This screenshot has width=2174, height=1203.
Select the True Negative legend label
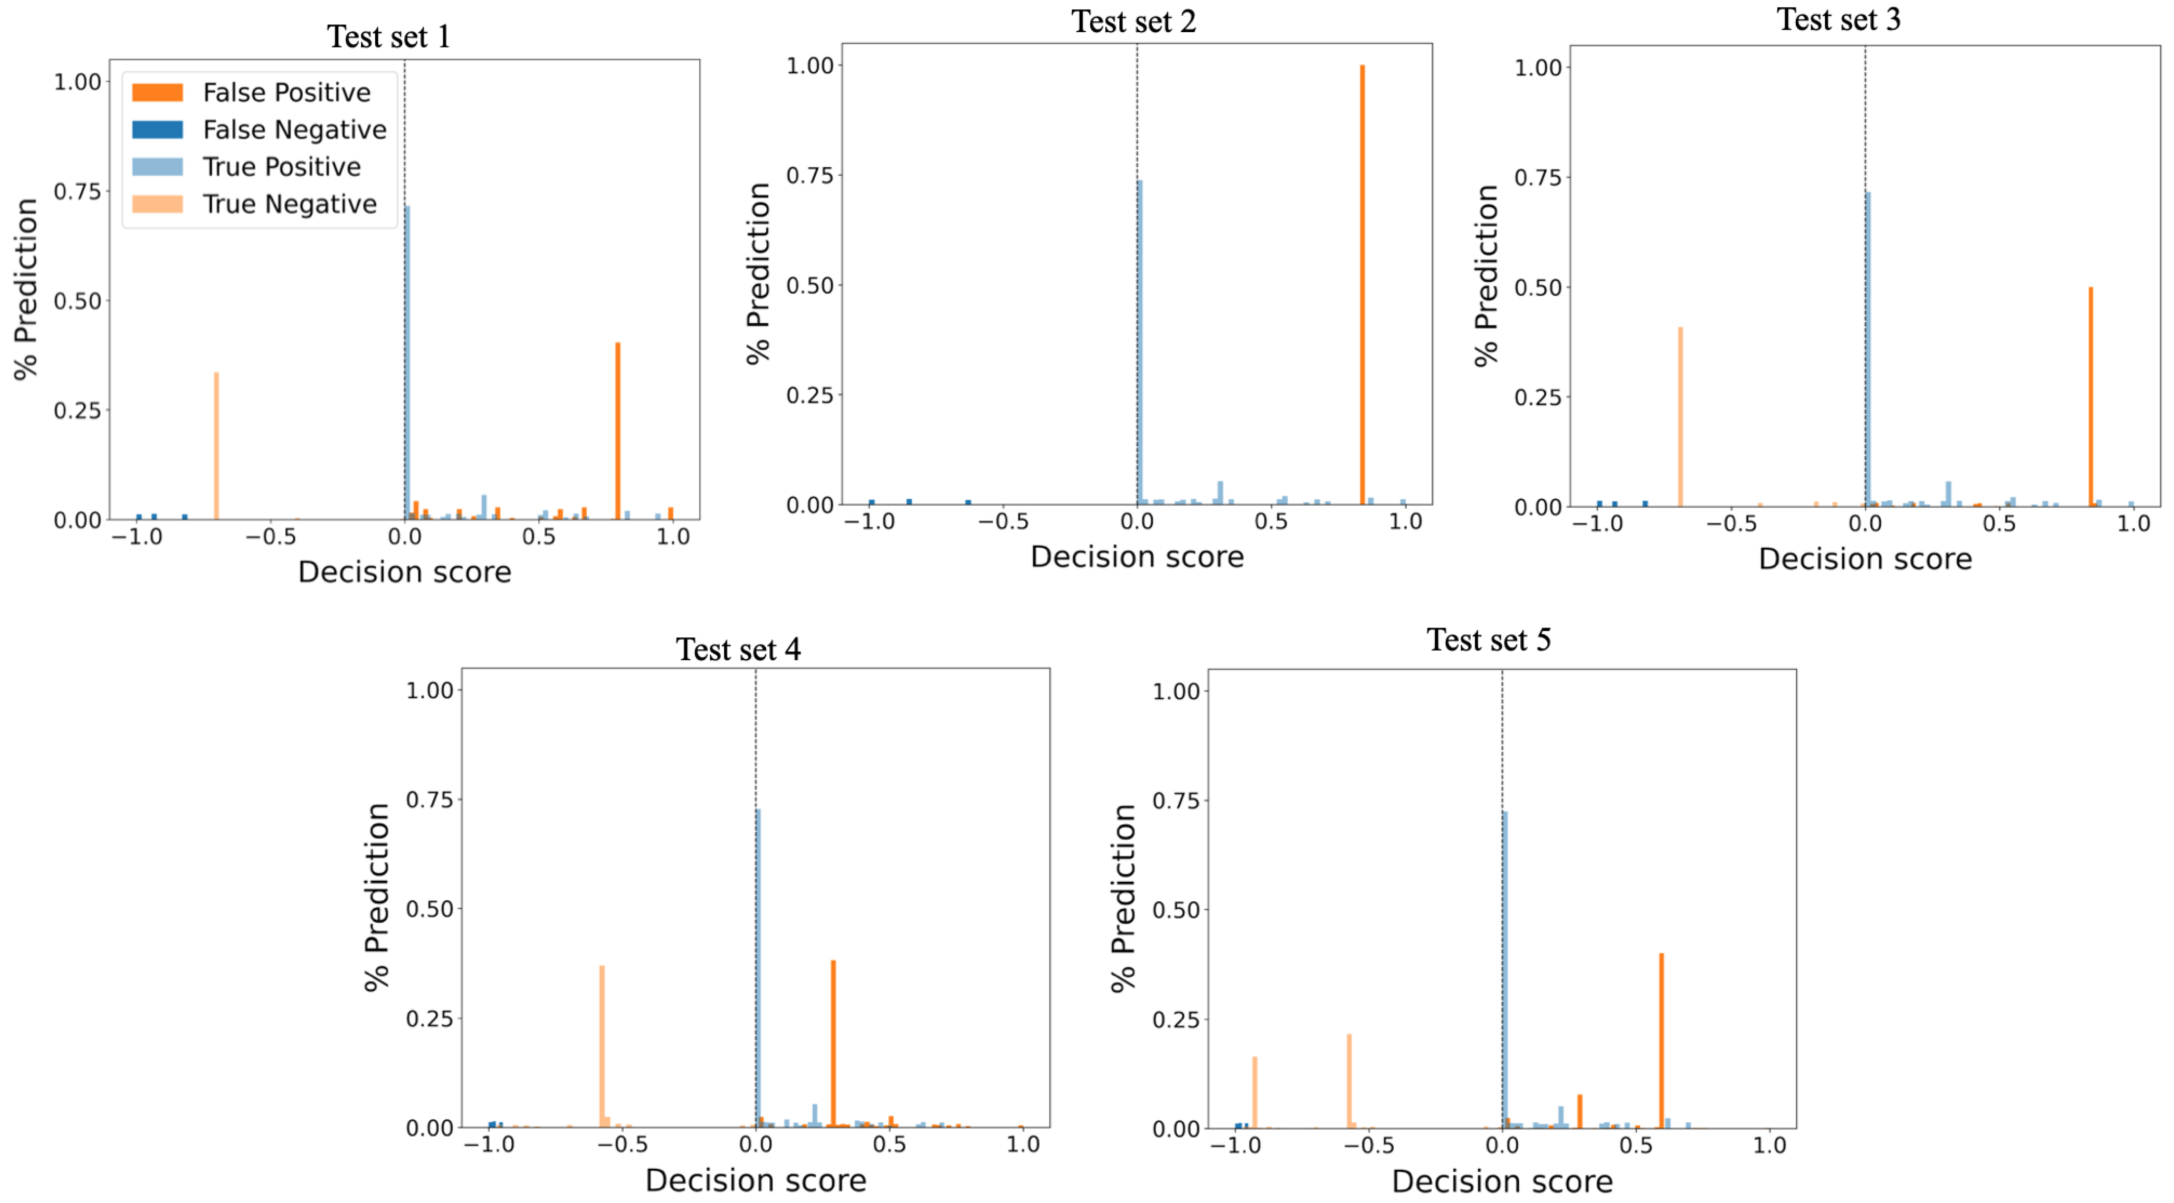tap(289, 204)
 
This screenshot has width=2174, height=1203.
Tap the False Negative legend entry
tap(294, 130)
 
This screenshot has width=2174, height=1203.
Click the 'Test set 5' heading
tap(1488, 640)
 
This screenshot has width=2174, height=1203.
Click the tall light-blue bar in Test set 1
tap(407, 363)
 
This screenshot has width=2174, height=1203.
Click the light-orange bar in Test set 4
tap(602, 1047)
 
